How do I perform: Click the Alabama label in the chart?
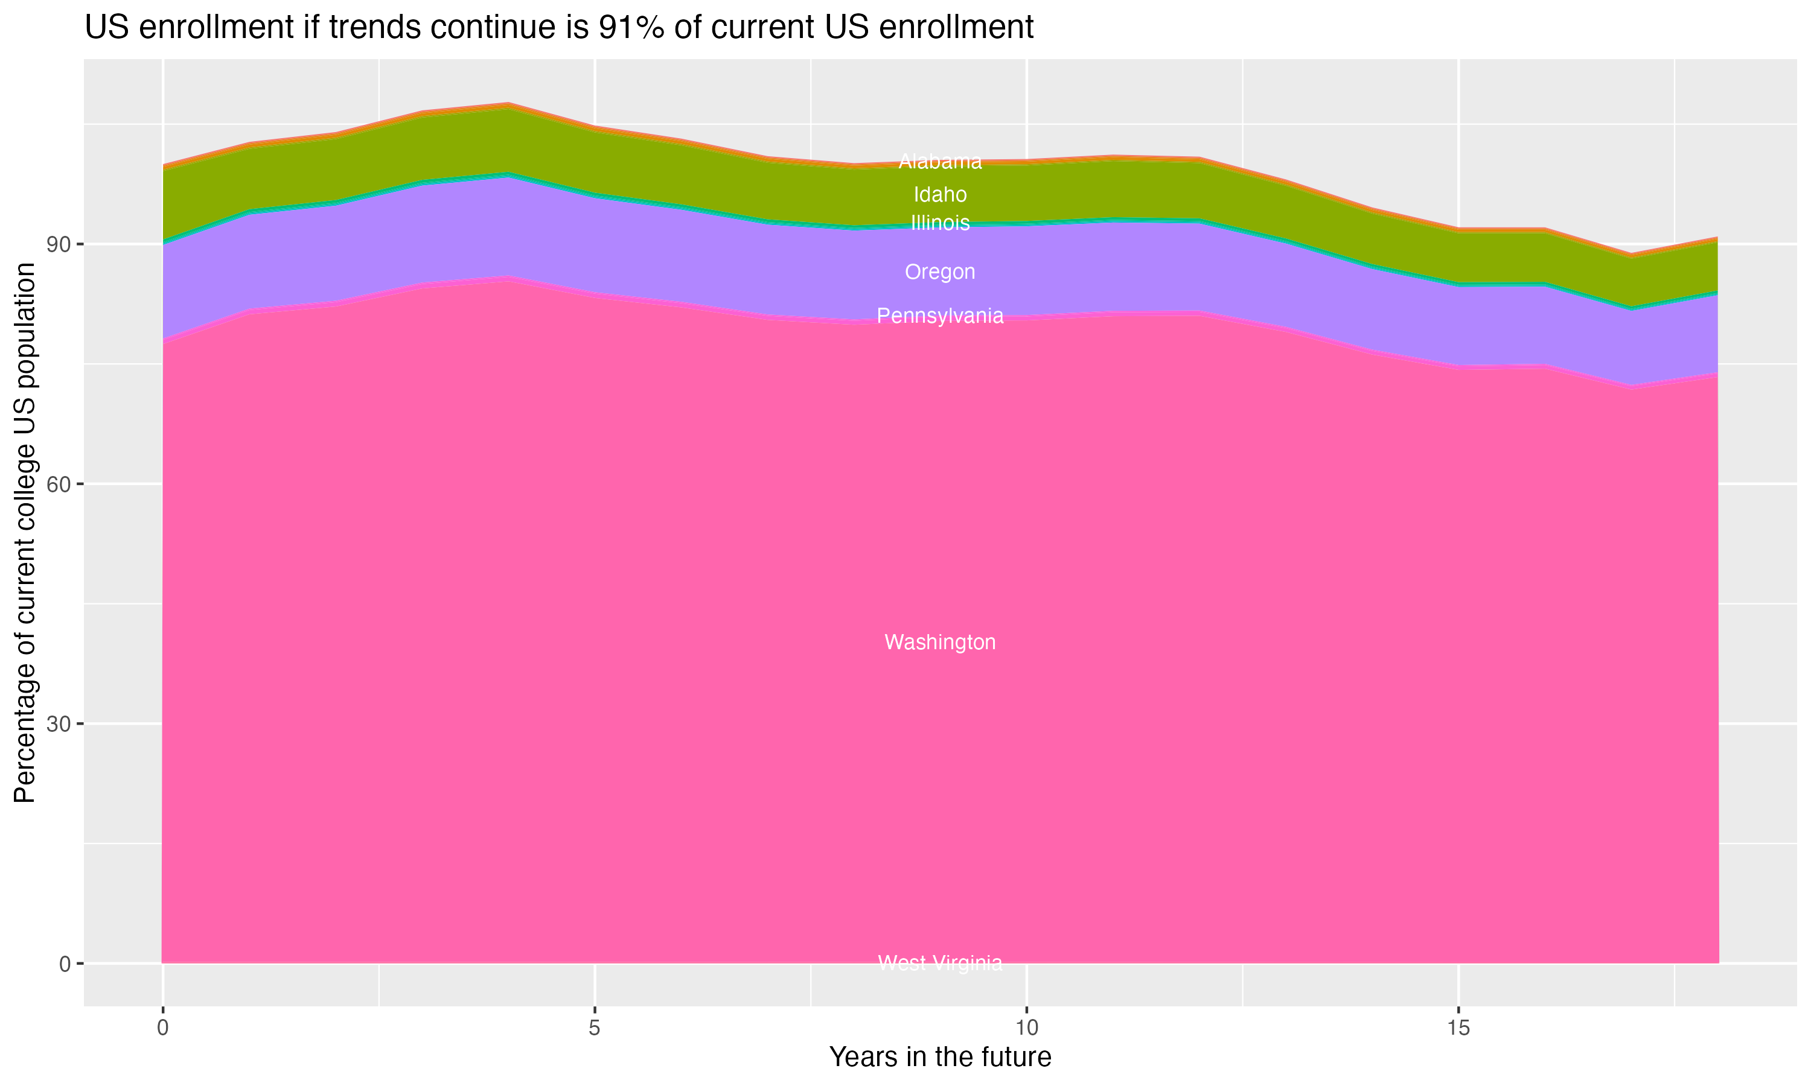tap(940, 162)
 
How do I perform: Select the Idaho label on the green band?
tap(940, 195)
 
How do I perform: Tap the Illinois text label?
tap(940, 223)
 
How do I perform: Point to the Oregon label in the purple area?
tap(940, 272)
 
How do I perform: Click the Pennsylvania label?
tap(940, 316)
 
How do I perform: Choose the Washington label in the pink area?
tap(940, 643)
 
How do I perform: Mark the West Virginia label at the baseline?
tap(940, 963)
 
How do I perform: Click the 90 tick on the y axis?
tap(60, 244)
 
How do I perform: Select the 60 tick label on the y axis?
tap(60, 484)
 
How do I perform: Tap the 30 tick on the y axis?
tap(60, 725)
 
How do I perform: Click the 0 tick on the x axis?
tap(162, 1028)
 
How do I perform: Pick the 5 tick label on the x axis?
tap(595, 1028)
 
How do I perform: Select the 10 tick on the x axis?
tap(1026, 1028)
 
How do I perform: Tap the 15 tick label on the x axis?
tap(1458, 1028)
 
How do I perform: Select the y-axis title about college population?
tap(25, 533)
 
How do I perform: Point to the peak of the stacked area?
tap(508, 104)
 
